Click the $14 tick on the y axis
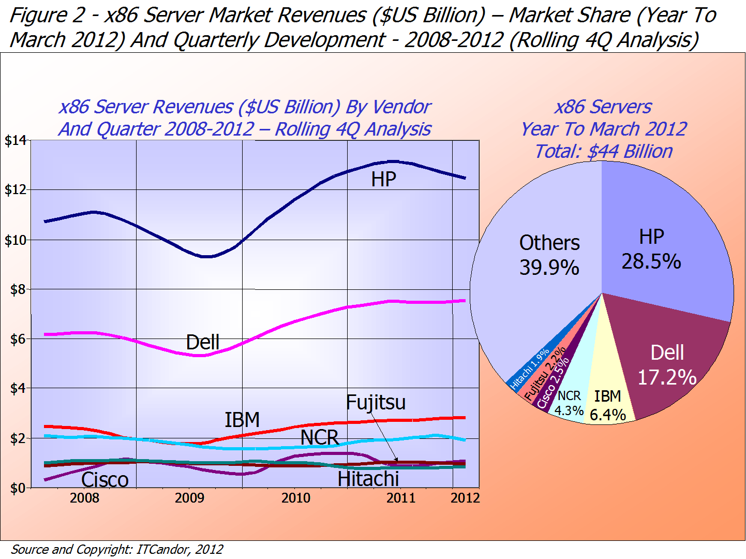pyautogui.click(x=15, y=140)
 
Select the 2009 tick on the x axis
pyautogui.click(x=189, y=498)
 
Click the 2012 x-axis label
pyautogui.click(x=465, y=498)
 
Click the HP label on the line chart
pyautogui.click(x=383, y=180)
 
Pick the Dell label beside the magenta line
pyautogui.click(x=203, y=342)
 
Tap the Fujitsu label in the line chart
pyautogui.click(x=376, y=403)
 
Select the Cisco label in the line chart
pyautogui.click(x=105, y=480)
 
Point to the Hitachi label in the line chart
pyautogui.click(x=368, y=479)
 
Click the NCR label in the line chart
pyautogui.click(x=319, y=437)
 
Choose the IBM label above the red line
pyautogui.click(x=242, y=420)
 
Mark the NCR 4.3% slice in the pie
pyautogui.click(x=569, y=403)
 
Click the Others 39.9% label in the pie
pyautogui.click(x=549, y=255)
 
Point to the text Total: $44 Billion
pyautogui.click(x=603, y=151)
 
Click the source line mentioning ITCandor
pyautogui.click(x=117, y=549)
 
